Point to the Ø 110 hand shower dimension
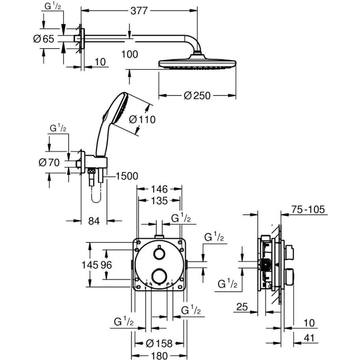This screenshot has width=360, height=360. [x=142, y=119]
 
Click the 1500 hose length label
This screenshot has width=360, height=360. [x=126, y=176]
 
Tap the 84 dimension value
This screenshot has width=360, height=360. [x=94, y=221]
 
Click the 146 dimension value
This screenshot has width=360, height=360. [x=159, y=189]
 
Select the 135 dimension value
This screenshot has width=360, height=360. [x=159, y=200]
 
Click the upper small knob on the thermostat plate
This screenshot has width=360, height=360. [x=158, y=253]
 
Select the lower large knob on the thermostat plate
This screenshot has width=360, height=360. [x=159, y=277]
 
